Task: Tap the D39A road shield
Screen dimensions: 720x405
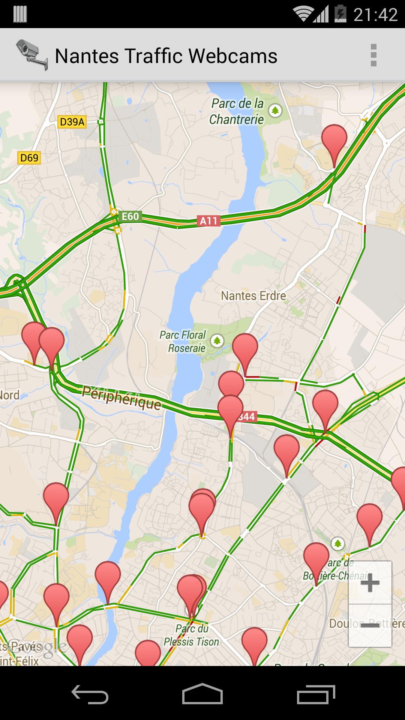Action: coord(72,122)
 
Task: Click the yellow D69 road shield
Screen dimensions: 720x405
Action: coord(29,158)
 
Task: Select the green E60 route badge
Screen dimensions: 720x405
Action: coord(130,216)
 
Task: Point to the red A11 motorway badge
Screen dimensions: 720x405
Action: coord(208,221)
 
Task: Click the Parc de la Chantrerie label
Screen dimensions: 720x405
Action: coord(237,111)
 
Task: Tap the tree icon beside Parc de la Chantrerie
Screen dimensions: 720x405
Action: coord(276,110)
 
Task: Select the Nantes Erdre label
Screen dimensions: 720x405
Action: coord(253,296)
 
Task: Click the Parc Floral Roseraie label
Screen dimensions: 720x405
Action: coord(183,341)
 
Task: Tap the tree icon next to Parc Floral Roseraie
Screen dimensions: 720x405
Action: coord(216,341)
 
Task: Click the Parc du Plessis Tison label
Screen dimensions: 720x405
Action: coord(192,635)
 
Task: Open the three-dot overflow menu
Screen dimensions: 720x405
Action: coord(373,55)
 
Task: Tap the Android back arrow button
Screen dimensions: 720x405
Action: coord(90,694)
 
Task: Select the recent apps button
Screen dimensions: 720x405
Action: coord(316,694)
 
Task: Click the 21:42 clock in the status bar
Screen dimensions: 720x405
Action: coord(375,15)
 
